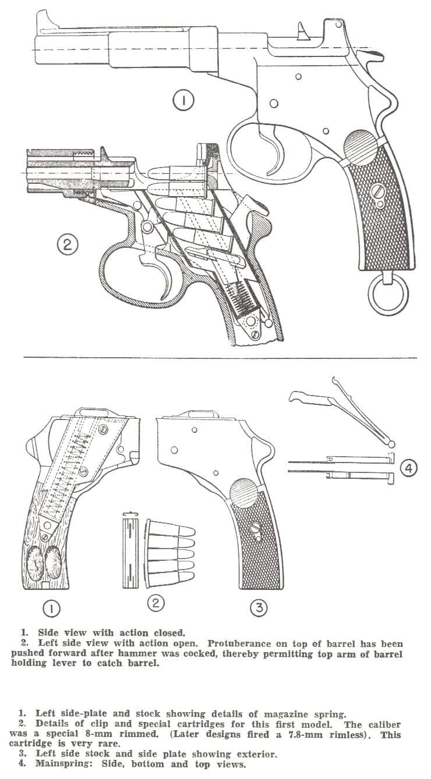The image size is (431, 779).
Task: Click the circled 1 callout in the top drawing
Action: pyautogui.click(x=183, y=101)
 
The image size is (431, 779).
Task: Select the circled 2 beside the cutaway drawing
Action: pyautogui.click(x=68, y=245)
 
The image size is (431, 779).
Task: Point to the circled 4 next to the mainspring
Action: pyautogui.click(x=408, y=468)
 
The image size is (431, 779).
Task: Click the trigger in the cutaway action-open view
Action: pyautogui.click(x=163, y=278)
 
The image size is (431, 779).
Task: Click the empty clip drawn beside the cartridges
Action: pyautogui.click(x=130, y=550)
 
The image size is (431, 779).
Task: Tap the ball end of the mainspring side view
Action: pyautogui.click(x=391, y=444)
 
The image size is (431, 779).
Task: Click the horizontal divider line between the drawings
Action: pyautogui.click(x=220, y=358)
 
